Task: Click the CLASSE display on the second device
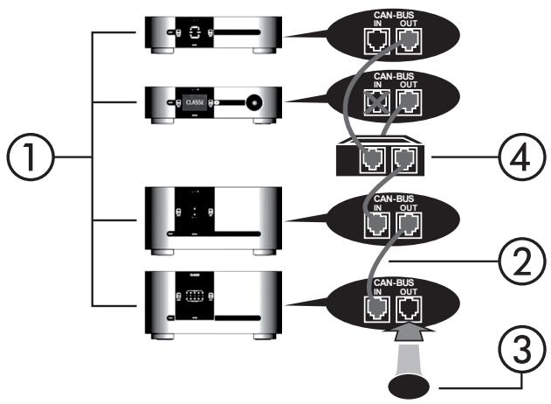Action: point(193,101)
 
